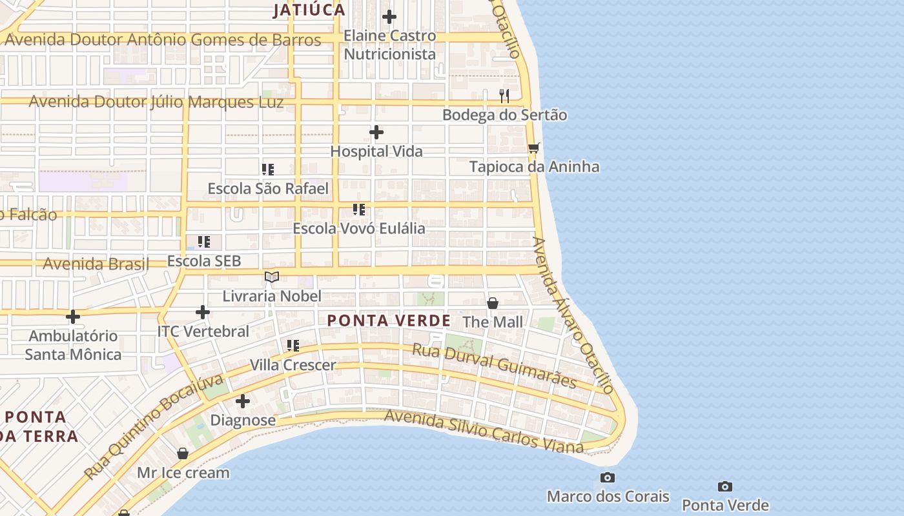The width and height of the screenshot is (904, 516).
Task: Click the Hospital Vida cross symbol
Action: (376, 133)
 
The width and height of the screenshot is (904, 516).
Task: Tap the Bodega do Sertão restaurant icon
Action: (504, 96)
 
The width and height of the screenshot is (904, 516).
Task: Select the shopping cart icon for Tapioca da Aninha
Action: (533, 148)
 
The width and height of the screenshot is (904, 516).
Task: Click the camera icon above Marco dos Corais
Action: (608, 478)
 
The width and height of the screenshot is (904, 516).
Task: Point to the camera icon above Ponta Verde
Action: (725, 486)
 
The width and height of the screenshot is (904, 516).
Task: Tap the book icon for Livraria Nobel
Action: (272, 277)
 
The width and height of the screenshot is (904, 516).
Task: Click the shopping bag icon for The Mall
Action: (493, 303)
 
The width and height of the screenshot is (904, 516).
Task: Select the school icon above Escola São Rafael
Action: (268, 170)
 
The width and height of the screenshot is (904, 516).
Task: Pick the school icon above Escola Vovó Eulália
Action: (359, 210)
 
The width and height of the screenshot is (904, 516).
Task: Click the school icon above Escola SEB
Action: (204, 242)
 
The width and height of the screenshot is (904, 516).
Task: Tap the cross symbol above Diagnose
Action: (243, 401)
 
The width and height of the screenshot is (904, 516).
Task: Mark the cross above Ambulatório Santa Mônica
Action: (73, 317)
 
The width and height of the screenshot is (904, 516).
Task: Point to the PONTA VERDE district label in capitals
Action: (389, 321)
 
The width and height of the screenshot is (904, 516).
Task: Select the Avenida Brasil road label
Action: (96, 264)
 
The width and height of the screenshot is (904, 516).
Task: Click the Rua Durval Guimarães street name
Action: (494, 365)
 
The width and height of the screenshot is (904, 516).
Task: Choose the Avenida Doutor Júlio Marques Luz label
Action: (156, 102)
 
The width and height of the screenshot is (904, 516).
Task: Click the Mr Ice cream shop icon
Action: (183, 453)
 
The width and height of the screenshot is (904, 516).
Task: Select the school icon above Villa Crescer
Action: (293, 346)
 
